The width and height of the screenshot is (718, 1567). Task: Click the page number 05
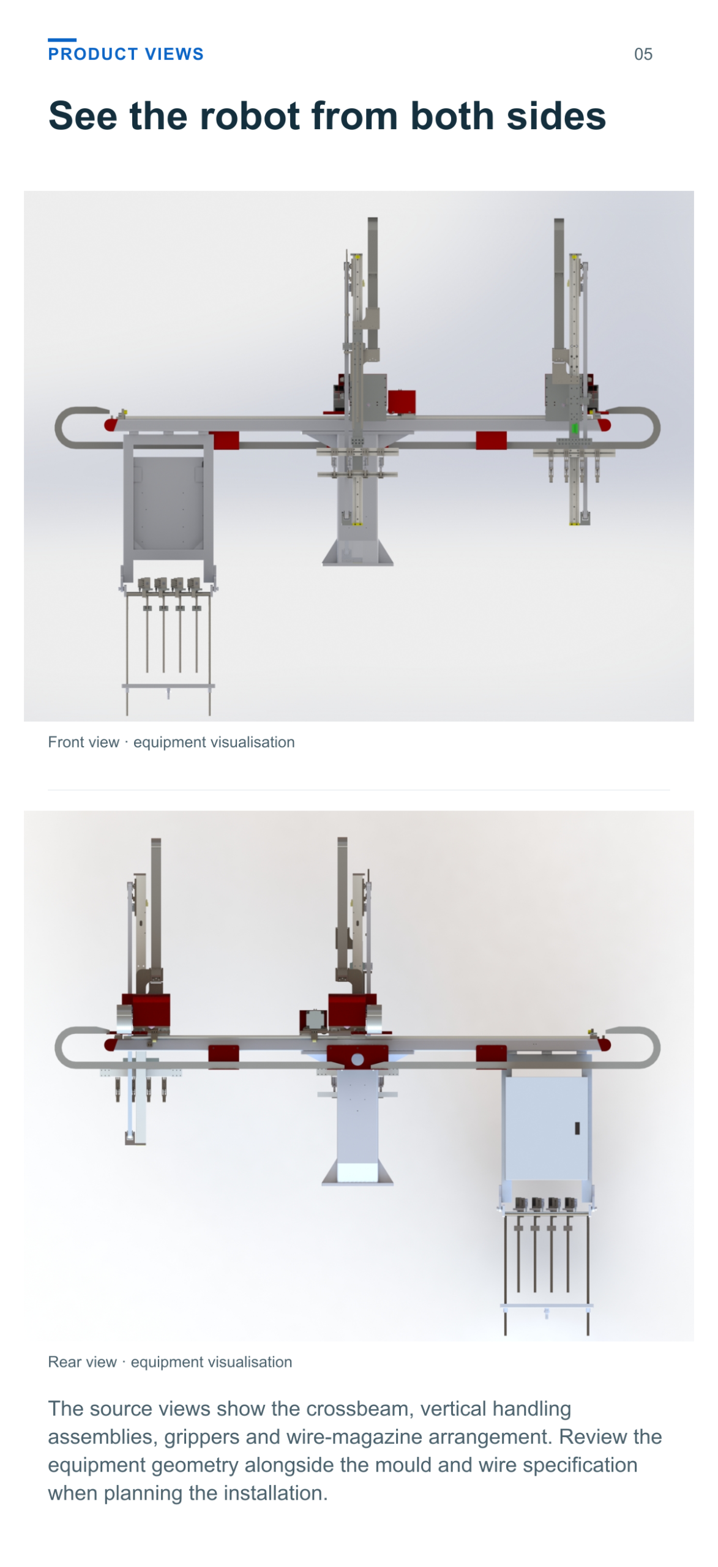(x=643, y=54)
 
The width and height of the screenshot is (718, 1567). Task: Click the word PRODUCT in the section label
(x=93, y=54)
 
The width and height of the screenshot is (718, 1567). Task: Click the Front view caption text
(x=171, y=741)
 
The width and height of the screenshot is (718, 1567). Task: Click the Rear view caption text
(x=170, y=1361)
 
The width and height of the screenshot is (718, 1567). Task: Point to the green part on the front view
(x=574, y=428)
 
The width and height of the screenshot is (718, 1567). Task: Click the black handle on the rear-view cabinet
(x=577, y=1128)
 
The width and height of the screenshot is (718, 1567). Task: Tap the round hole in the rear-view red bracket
(x=357, y=1059)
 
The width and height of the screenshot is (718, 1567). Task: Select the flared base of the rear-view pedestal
(x=357, y=1172)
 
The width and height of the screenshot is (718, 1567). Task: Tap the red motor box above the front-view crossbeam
(x=402, y=402)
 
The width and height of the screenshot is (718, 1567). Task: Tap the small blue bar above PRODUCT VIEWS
(x=62, y=40)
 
